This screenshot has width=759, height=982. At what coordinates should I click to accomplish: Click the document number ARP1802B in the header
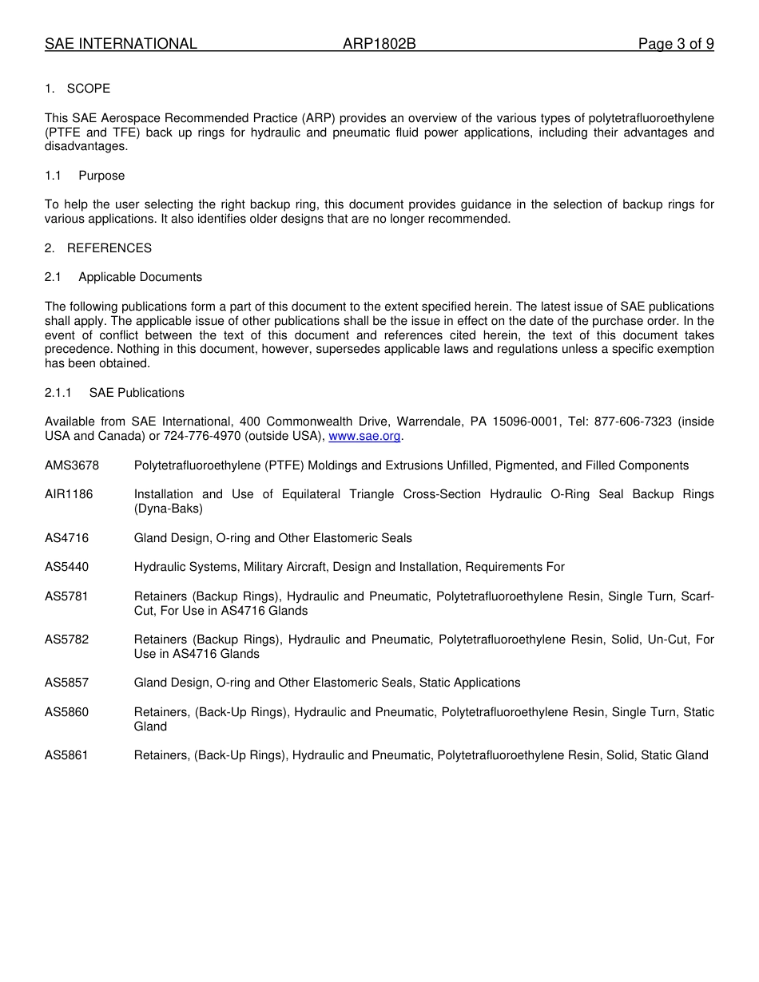click(379, 44)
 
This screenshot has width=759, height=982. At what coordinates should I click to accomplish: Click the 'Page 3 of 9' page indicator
click(676, 44)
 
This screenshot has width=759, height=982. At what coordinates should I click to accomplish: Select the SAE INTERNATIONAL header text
click(121, 44)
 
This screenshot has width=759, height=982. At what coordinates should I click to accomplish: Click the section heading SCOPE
click(89, 89)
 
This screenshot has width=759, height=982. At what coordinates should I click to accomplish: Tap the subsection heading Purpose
click(101, 176)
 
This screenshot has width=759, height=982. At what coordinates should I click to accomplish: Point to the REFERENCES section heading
click(109, 248)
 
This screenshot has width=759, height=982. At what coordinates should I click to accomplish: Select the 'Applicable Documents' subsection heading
click(140, 277)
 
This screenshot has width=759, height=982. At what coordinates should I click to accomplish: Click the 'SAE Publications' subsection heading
click(137, 393)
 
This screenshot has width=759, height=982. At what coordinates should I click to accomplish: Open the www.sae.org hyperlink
click(364, 436)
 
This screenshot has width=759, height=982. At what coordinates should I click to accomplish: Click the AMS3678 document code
click(72, 465)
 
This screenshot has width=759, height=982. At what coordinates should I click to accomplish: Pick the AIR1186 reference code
click(69, 494)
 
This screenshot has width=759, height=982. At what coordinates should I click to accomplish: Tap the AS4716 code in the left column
click(67, 538)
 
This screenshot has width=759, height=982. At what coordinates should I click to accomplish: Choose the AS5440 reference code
click(67, 567)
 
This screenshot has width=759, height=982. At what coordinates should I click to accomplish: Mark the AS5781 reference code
click(67, 596)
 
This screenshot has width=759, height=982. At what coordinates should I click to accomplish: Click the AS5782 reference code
click(67, 639)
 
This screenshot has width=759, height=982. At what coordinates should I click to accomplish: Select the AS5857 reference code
click(67, 683)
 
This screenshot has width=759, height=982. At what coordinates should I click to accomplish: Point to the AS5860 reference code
click(67, 712)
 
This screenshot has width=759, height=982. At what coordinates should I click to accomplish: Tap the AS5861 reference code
click(67, 755)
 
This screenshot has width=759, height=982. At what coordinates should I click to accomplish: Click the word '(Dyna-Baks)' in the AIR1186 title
click(168, 509)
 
